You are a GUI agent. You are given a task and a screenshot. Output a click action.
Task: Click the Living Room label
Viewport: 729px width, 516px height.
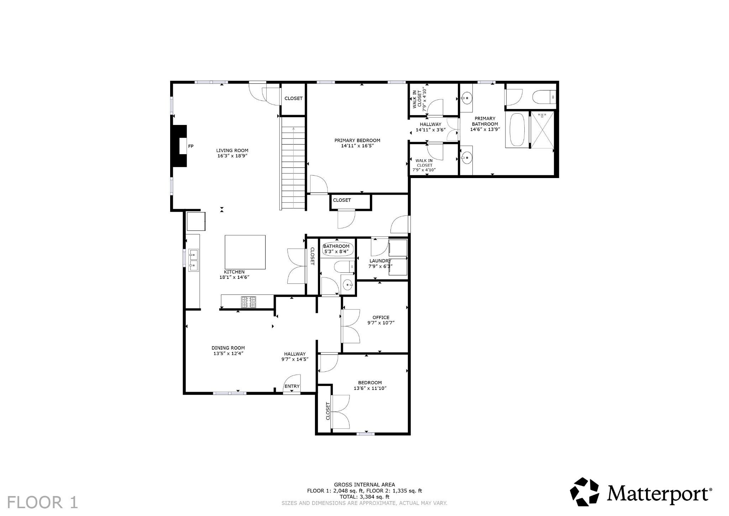[x=232, y=151]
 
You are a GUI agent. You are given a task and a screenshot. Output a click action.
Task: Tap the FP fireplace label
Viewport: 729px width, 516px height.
[x=190, y=146]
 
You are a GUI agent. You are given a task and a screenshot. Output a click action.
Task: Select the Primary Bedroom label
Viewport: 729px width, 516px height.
[x=357, y=140]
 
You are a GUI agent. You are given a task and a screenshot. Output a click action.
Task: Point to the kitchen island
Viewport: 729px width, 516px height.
[x=245, y=252]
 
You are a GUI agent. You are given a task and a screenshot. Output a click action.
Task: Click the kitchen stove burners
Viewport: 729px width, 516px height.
[x=248, y=302]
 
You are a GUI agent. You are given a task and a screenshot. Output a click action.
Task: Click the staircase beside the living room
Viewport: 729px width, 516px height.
[x=294, y=163]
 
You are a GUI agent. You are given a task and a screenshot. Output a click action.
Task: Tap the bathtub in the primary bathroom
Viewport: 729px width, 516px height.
[x=516, y=130]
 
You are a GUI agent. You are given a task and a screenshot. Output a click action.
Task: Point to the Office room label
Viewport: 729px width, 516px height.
[x=381, y=317]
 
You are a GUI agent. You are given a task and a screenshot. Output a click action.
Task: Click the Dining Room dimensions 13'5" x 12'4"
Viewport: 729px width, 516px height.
[x=228, y=354]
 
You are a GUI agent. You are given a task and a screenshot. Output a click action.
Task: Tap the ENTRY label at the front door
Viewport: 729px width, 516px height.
[x=292, y=386]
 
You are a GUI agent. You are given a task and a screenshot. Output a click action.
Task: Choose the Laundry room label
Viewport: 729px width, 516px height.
[x=381, y=261]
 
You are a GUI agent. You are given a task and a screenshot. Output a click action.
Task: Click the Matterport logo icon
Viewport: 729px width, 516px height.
[x=584, y=492]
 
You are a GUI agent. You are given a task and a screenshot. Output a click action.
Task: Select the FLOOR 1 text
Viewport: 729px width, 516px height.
[x=42, y=502]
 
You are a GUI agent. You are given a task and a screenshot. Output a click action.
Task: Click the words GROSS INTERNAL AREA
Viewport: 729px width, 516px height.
[x=364, y=485]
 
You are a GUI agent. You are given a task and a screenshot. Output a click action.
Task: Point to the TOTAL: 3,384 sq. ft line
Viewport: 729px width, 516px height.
[x=364, y=497]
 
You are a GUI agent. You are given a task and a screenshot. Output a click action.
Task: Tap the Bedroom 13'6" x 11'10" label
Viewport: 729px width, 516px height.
[x=370, y=386]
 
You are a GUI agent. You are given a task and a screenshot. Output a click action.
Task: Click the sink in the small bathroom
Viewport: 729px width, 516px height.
[x=347, y=284]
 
